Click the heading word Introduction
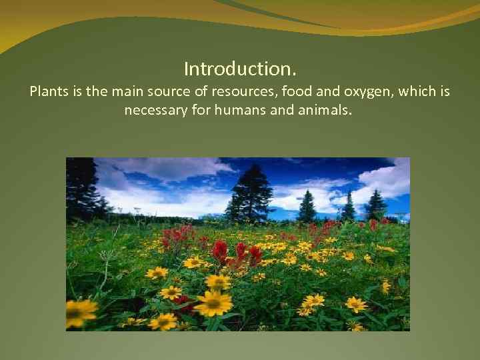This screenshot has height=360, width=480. click(x=240, y=69)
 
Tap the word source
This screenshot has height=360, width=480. click(x=166, y=91)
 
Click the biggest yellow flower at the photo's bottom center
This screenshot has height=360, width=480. click(x=213, y=303)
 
